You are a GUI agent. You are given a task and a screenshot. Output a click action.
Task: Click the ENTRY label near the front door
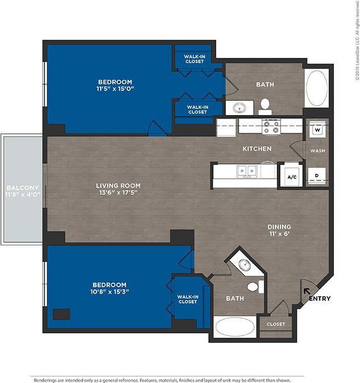click(319, 299)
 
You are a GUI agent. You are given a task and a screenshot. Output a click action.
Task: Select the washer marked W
click(316, 130)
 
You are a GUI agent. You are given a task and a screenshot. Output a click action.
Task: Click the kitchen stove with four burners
click(271, 127)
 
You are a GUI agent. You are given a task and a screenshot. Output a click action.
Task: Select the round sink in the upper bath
click(239, 108)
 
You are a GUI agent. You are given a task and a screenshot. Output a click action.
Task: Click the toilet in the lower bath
click(254, 287)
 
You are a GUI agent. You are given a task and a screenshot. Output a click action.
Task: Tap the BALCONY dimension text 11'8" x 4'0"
click(22, 194)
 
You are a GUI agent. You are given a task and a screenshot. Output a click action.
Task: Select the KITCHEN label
click(257, 149)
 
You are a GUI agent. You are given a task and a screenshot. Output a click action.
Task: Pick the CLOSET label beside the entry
click(276, 324)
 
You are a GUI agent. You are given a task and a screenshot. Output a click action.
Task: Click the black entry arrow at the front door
click(306, 293)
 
